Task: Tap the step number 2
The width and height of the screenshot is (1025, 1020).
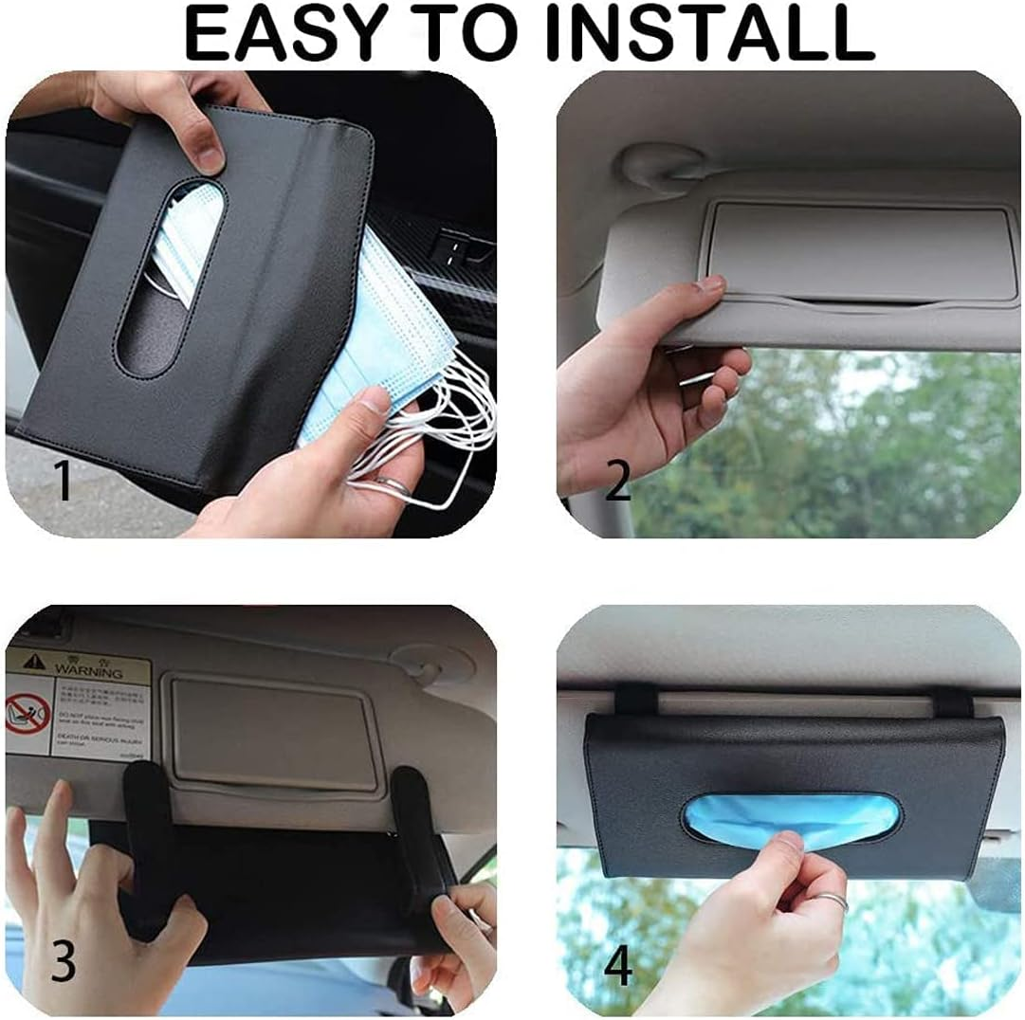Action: click(x=617, y=481)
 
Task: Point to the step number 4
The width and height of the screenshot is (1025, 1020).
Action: click(x=618, y=965)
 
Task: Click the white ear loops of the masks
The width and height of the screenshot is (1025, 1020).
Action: click(x=446, y=427)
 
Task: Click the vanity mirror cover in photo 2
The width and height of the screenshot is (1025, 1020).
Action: click(x=858, y=250)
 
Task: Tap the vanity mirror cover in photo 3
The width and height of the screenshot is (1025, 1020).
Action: click(x=271, y=730)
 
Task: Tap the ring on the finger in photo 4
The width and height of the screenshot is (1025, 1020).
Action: click(x=832, y=902)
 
